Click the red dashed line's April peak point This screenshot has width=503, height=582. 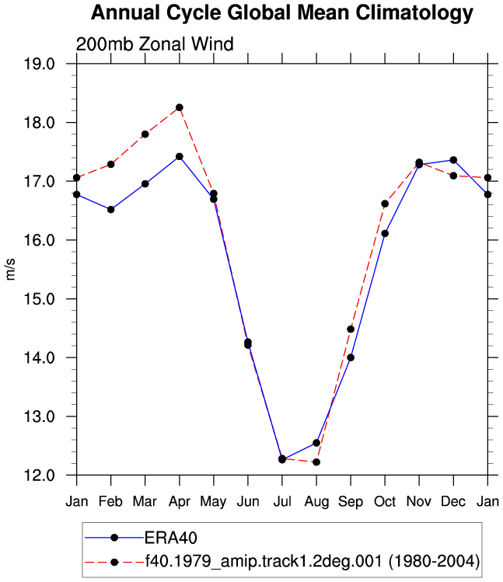(x=180, y=108)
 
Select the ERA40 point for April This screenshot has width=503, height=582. (x=180, y=157)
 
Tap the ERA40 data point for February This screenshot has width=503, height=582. (x=110, y=210)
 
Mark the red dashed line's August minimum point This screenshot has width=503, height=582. (x=316, y=462)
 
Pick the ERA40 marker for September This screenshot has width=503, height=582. (x=351, y=357)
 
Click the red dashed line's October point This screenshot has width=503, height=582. (x=385, y=204)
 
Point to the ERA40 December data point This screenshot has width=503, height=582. (x=453, y=160)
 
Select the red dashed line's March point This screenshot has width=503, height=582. (x=145, y=134)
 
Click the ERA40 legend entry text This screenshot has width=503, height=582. (x=170, y=538)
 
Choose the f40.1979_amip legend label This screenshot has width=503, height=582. (x=312, y=561)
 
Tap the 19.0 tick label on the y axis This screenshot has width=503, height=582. (x=40, y=64)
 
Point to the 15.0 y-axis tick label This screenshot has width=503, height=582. (x=40, y=299)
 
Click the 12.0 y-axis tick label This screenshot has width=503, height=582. (x=40, y=476)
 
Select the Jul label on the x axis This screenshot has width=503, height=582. (x=282, y=502)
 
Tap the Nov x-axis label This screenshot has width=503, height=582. (x=419, y=502)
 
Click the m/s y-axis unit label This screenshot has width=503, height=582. (x=10, y=270)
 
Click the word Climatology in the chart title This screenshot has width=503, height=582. (x=414, y=13)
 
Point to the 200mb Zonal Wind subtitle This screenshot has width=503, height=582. (x=155, y=44)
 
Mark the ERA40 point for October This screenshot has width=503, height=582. (x=385, y=233)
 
